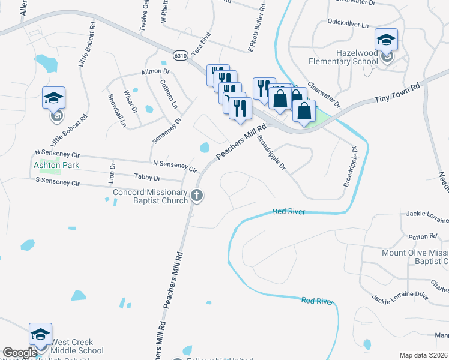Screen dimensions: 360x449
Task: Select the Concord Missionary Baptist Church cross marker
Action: click(x=197, y=195)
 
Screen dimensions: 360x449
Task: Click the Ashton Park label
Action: click(x=56, y=165)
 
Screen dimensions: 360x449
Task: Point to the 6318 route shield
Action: click(x=181, y=55)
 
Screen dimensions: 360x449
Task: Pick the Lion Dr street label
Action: click(x=112, y=172)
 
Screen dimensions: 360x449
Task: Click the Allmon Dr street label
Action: click(x=155, y=71)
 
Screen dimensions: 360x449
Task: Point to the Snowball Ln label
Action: click(x=117, y=110)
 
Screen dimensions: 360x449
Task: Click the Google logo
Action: click(x=20, y=353)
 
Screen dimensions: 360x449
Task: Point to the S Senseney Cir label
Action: click(x=58, y=181)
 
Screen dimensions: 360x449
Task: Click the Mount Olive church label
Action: click(x=415, y=257)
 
